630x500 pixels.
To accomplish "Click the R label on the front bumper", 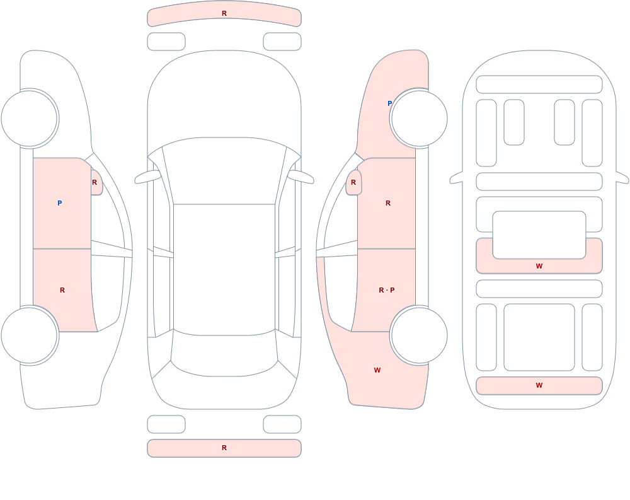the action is (x=224, y=13).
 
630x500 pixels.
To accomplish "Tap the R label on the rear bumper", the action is (x=224, y=448).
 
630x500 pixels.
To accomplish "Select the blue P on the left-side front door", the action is (x=59, y=203).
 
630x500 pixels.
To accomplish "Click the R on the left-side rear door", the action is (x=62, y=290).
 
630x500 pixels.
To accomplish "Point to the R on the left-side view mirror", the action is (x=94, y=182).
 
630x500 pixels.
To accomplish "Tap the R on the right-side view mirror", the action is (x=353, y=182).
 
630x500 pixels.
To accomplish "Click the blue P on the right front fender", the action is (x=389, y=103).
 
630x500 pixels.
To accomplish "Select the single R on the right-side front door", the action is (x=388, y=203).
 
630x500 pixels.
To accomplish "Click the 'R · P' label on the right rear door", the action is (x=387, y=290).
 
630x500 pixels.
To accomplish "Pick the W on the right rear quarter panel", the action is (x=377, y=370).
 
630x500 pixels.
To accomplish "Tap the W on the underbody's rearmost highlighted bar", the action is (x=539, y=385).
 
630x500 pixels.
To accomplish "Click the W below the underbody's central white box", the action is (x=539, y=266).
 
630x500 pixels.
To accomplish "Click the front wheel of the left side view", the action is (x=30, y=119).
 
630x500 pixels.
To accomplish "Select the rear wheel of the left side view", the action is (x=30, y=335).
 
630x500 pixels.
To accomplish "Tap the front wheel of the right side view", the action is (x=419, y=119).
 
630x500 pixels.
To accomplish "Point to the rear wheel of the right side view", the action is (x=419, y=335).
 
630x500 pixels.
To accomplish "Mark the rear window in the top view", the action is (x=224, y=354).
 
